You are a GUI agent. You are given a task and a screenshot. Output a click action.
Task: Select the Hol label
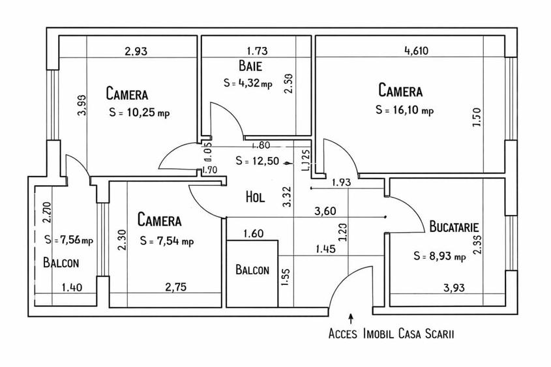(255, 196)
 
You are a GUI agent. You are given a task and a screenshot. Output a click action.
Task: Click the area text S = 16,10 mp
(404, 110)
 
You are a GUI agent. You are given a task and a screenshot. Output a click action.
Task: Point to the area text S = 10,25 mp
(140, 112)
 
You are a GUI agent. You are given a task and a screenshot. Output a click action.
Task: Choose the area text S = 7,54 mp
(167, 241)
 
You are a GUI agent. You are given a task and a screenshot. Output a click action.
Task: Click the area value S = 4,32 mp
(247, 83)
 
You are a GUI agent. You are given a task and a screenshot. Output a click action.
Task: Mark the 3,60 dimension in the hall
(326, 211)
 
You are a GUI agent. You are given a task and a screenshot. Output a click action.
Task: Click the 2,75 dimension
(177, 287)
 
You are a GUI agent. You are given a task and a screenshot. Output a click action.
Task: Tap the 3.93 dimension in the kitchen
(455, 287)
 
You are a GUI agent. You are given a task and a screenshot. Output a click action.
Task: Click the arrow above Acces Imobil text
(351, 318)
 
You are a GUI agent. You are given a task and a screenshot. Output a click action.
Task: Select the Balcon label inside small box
(252, 270)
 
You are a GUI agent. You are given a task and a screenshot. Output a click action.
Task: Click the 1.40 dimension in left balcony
(72, 287)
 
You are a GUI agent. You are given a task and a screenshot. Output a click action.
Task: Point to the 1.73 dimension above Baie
(257, 50)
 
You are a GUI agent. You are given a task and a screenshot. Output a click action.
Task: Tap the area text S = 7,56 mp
(69, 240)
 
